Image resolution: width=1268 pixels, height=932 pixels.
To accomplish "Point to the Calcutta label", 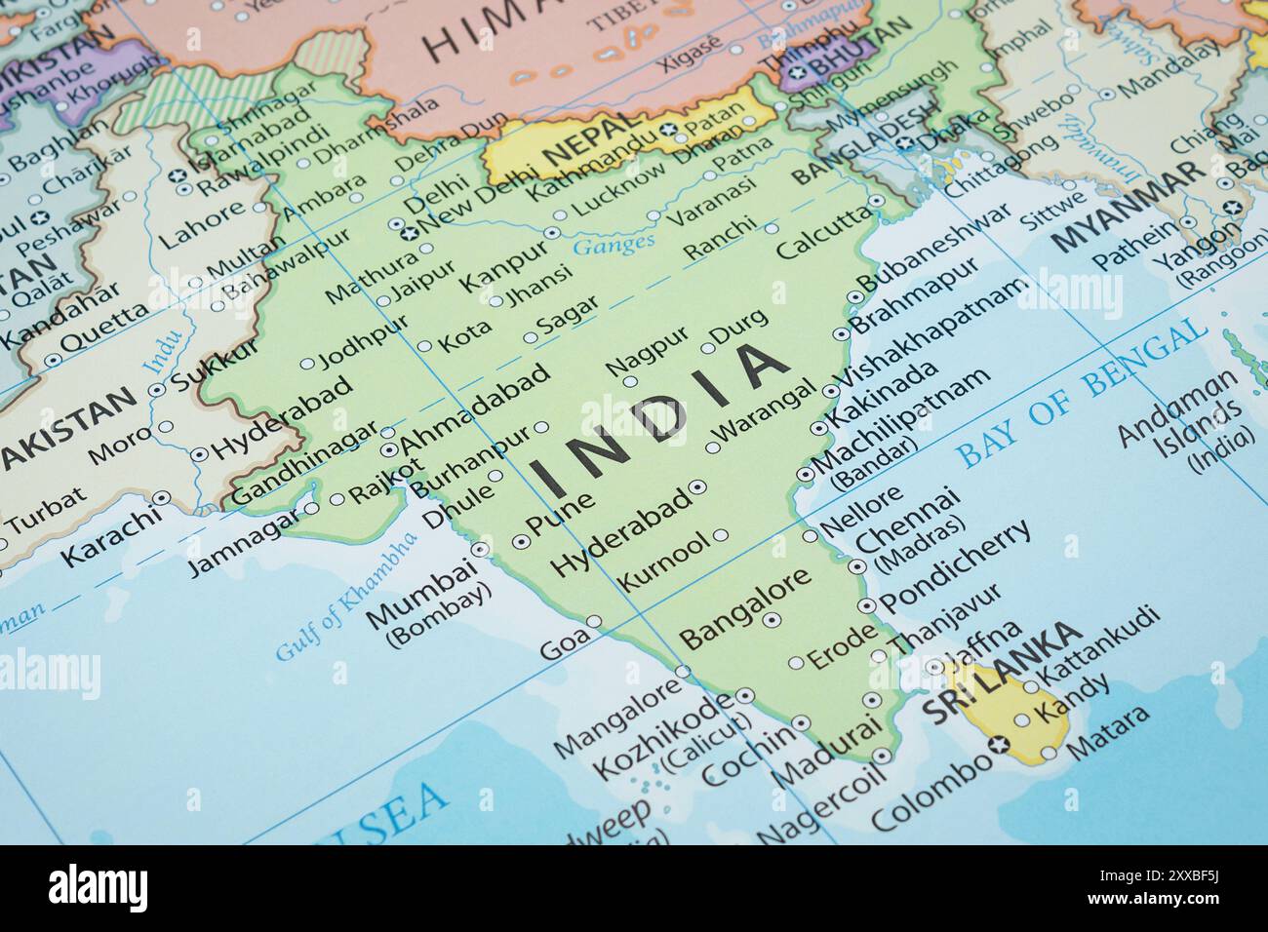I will point(822,234).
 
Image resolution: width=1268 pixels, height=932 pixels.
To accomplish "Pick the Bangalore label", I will point(745,606).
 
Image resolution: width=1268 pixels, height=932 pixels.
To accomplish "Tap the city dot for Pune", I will point(520,540).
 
